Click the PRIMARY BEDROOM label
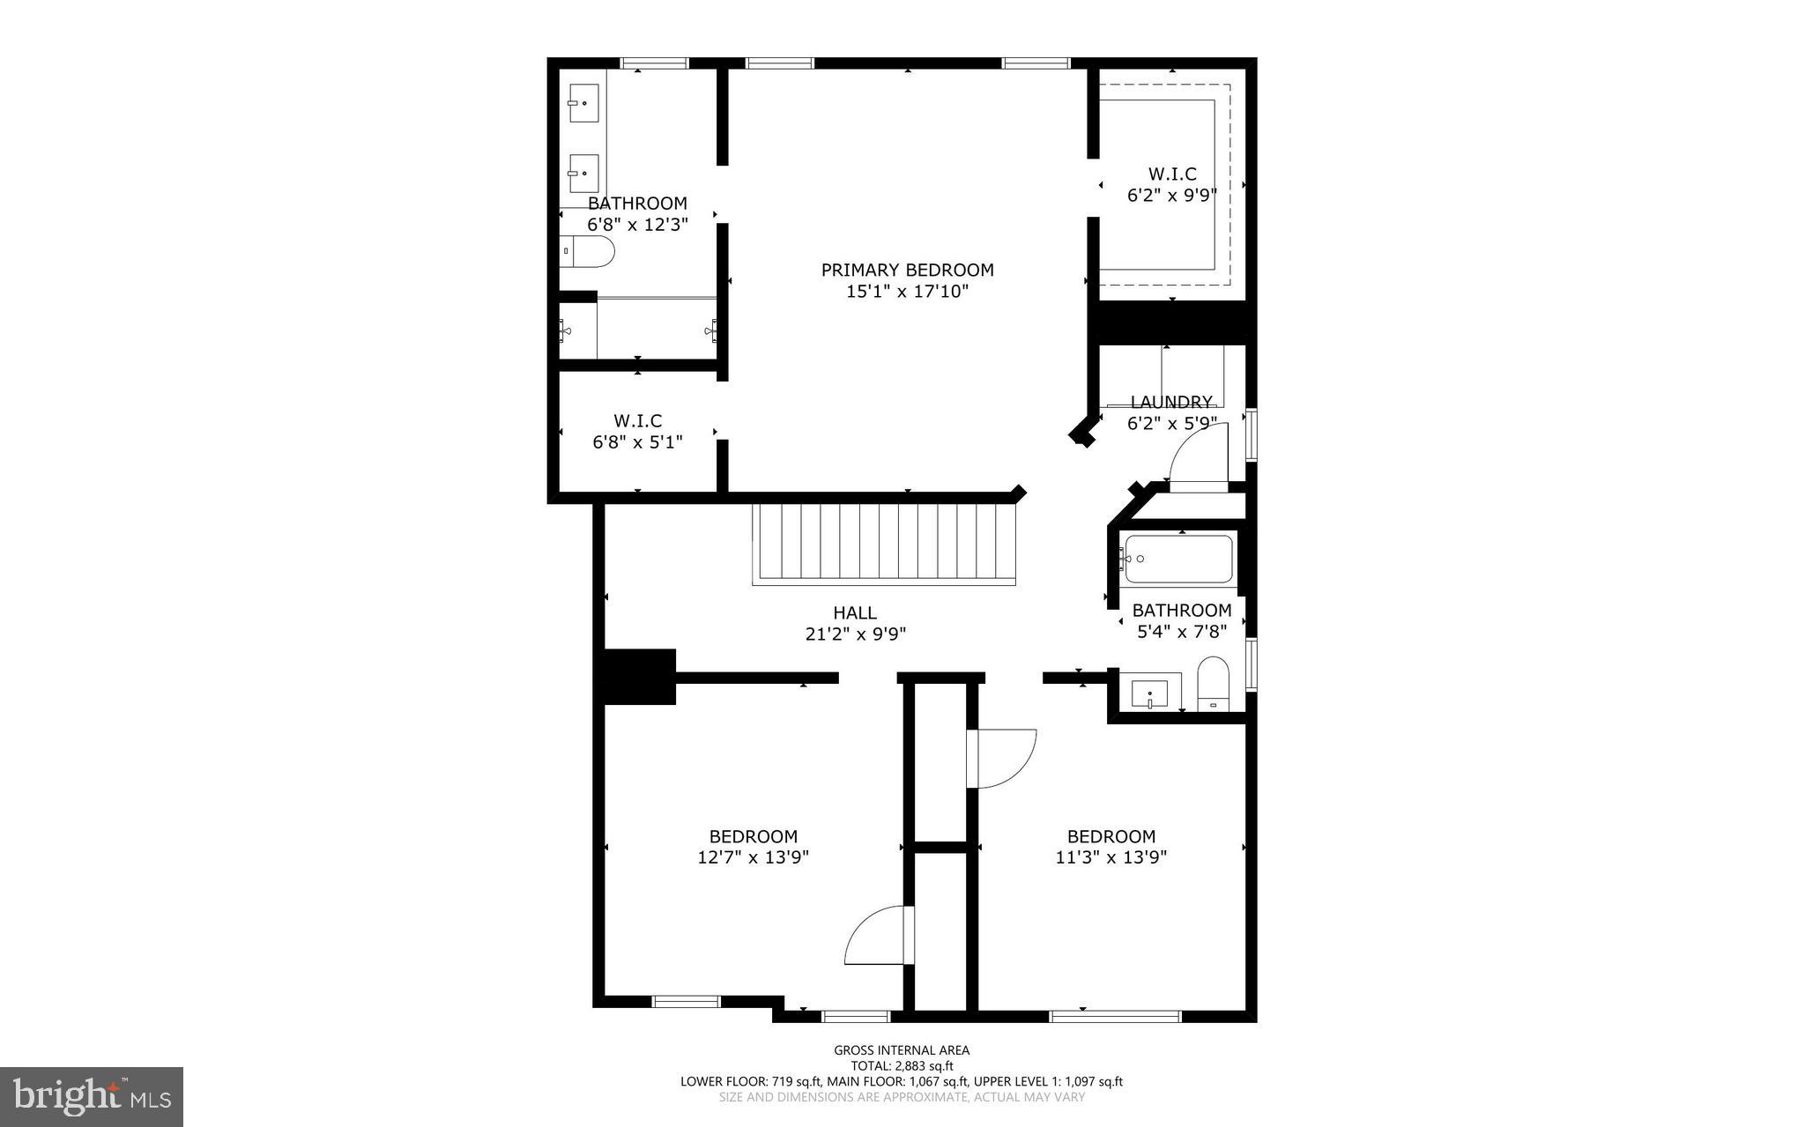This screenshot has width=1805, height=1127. (907, 271)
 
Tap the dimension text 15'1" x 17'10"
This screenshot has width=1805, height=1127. (907, 292)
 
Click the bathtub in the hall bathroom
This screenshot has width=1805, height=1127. (1178, 560)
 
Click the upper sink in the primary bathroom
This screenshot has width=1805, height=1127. (583, 103)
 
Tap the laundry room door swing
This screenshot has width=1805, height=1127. (1199, 454)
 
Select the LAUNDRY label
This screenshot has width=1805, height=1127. (1171, 402)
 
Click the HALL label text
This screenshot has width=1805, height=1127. (855, 612)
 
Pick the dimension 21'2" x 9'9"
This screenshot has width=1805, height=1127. (855, 634)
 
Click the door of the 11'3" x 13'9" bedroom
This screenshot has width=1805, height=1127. (1000, 758)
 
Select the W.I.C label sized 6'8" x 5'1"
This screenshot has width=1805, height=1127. (637, 421)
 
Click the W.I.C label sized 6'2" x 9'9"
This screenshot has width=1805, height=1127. (1171, 174)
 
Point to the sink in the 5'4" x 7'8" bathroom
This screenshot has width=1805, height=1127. (1149, 693)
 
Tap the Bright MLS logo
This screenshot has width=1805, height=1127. (92, 1096)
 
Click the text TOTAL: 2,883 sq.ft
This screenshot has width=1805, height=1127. (902, 1066)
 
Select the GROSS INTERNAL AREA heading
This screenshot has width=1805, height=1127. (902, 1050)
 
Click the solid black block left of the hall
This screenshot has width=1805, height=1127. (639, 677)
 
